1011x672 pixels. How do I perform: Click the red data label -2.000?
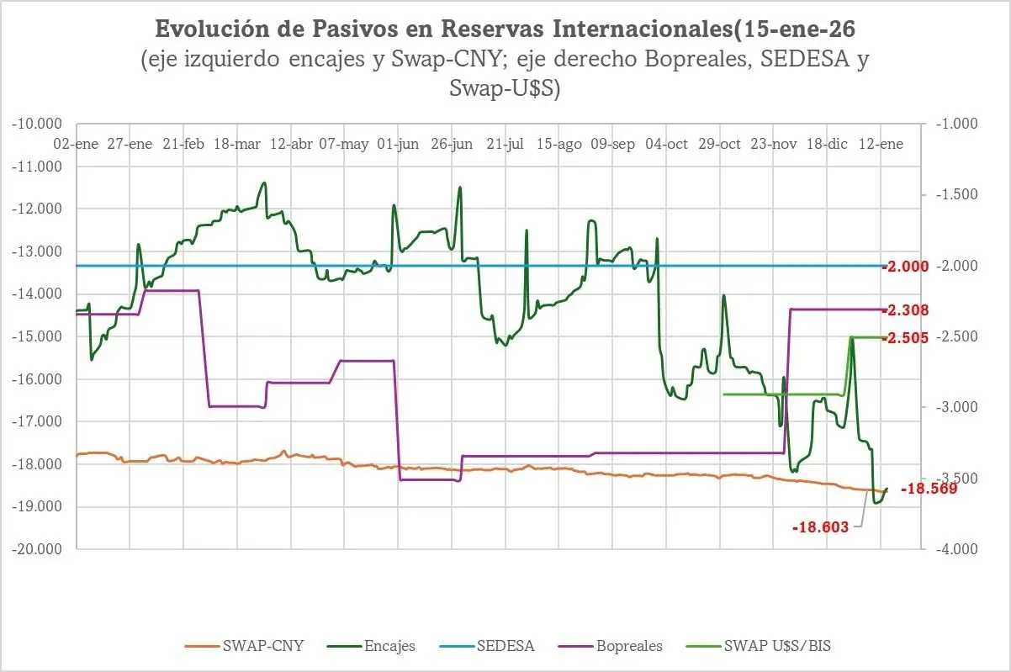tap(905, 267)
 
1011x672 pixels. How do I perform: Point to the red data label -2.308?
tap(905, 310)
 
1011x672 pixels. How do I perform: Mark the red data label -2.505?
tap(905, 338)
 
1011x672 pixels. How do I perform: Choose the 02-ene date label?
tap(76, 144)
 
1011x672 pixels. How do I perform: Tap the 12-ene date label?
tap(880, 144)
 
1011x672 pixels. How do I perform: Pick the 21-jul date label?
tap(505, 144)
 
